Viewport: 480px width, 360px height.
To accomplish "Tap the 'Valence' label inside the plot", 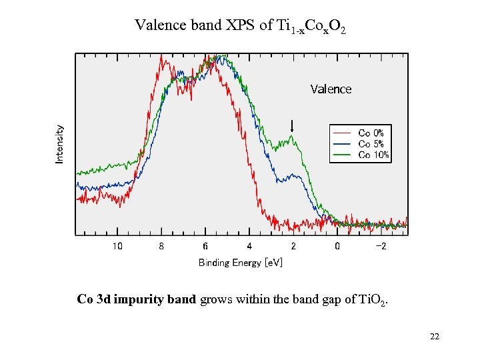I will (331, 89).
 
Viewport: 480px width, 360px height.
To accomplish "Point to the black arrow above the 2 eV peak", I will (292, 125).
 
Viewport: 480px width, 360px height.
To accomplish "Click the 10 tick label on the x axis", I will (117, 246).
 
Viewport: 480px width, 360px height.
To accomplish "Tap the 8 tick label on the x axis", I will (161, 246).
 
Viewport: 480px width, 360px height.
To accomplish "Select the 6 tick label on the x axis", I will (205, 246).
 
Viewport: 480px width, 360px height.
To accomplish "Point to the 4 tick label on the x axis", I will (249, 246).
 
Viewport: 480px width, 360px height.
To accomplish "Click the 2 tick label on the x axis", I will (293, 246).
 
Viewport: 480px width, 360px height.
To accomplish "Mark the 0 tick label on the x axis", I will (337, 246).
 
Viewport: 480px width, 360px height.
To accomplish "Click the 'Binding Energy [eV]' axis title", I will (240, 263).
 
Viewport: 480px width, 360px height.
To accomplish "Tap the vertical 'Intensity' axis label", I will (60, 144).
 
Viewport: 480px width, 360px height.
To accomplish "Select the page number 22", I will (435, 337).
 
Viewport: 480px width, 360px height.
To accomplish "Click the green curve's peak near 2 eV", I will (291, 139).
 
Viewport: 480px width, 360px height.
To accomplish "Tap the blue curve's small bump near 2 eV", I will (292, 176).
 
